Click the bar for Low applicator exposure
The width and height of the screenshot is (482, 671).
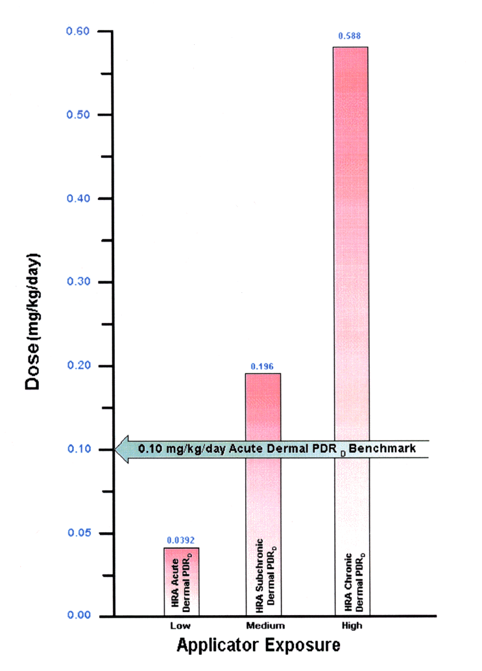click(181, 581)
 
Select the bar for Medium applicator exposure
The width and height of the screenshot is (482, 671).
click(263, 494)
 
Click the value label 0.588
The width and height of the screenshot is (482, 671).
click(352, 36)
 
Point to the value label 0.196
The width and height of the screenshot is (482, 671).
click(263, 366)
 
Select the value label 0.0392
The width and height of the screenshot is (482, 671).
click(181, 540)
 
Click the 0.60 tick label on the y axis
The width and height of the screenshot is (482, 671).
click(80, 31)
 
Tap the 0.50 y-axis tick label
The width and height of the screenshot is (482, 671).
click(80, 115)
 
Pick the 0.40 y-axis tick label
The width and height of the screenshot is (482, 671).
click(80, 198)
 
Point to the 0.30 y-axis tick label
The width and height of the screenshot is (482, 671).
click(80, 282)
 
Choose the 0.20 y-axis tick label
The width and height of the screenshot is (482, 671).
click(80, 366)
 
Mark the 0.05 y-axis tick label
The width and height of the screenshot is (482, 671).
click(80, 533)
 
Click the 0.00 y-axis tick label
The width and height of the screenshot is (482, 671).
click(80, 616)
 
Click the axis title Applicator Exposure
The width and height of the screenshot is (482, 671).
click(258, 646)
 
